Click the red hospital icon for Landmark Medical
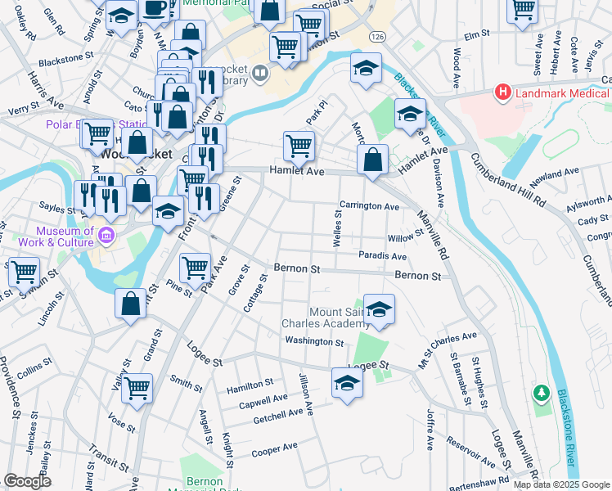click(x=503, y=94)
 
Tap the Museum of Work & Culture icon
click(x=106, y=237)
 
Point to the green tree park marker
click(x=540, y=394)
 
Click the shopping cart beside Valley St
click(x=137, y=388)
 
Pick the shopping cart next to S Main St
click(x=24, y=272)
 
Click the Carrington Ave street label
click(x=369, y=206)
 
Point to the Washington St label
click(x=314, y=341)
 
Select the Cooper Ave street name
click(x=274, y=449)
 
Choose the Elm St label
click(x=475, y=35)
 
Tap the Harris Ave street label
click(x=45, y=92)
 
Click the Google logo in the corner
click(x=27, y=481)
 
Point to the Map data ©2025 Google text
click(x=560, y=484)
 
